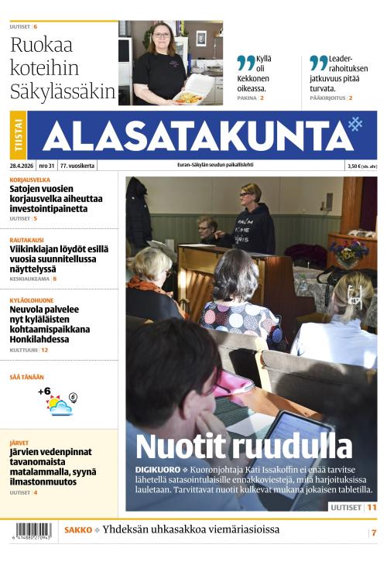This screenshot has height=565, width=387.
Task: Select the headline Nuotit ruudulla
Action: tap(244, 447)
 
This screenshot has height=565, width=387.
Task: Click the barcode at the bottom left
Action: tap(32, 532)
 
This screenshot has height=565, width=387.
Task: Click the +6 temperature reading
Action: tap(44, 392)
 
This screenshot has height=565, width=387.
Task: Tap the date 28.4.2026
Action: tap(21, 166)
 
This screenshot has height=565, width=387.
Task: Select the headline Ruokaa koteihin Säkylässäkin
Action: tap(62, 68)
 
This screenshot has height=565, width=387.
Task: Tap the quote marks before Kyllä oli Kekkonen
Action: tap(245, 63)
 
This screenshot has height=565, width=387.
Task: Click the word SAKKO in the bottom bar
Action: tap(77, 530)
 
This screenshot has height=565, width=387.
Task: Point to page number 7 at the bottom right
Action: tap(373, 532)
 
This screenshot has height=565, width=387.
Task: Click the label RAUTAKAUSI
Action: tap(26, 240)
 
